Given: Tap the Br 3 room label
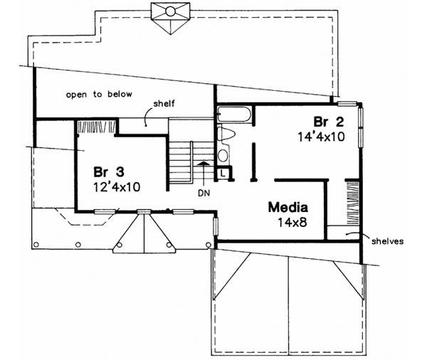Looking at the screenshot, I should point(107,172).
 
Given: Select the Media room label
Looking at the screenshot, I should point(288,208).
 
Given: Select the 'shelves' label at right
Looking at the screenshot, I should point(387,241).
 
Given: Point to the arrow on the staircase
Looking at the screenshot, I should point(204,171).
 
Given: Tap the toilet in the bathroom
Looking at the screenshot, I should point(225,133).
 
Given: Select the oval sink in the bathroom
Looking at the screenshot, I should point(223,155).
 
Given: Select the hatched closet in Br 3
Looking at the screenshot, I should point(95,127).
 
